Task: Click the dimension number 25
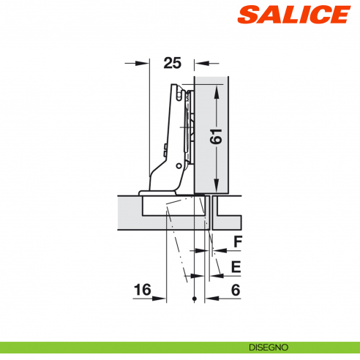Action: (172, 63)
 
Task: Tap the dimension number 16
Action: (142, 290)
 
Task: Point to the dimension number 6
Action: (236, 290)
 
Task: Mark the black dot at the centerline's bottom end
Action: (194, 300)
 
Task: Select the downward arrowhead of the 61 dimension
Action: (217, 187)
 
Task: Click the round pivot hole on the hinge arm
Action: (167, 148)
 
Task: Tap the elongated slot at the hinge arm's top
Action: (178, 94)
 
